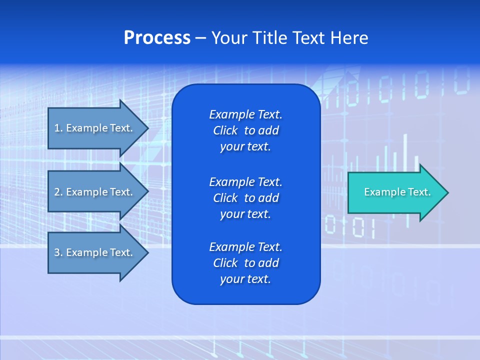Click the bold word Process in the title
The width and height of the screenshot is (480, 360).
(x=157, y=38)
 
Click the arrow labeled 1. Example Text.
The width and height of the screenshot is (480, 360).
(x=95, y=128)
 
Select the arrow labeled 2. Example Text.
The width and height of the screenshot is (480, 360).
(x=95, y=192)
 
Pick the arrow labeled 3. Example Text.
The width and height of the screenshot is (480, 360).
(x=95, y=252)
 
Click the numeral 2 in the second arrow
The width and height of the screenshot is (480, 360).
(x=57, y=192)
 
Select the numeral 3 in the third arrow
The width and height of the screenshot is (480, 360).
(x=57, y=252)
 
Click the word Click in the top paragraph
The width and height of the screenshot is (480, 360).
(x=225, y=130)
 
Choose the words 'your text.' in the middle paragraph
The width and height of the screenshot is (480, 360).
(x=245, y=214)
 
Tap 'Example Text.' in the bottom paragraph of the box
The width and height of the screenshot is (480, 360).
(x=245, y=247)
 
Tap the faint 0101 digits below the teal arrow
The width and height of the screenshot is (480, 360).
(x=349, y=227)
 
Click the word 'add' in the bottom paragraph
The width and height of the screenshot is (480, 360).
(x=269, y=263)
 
